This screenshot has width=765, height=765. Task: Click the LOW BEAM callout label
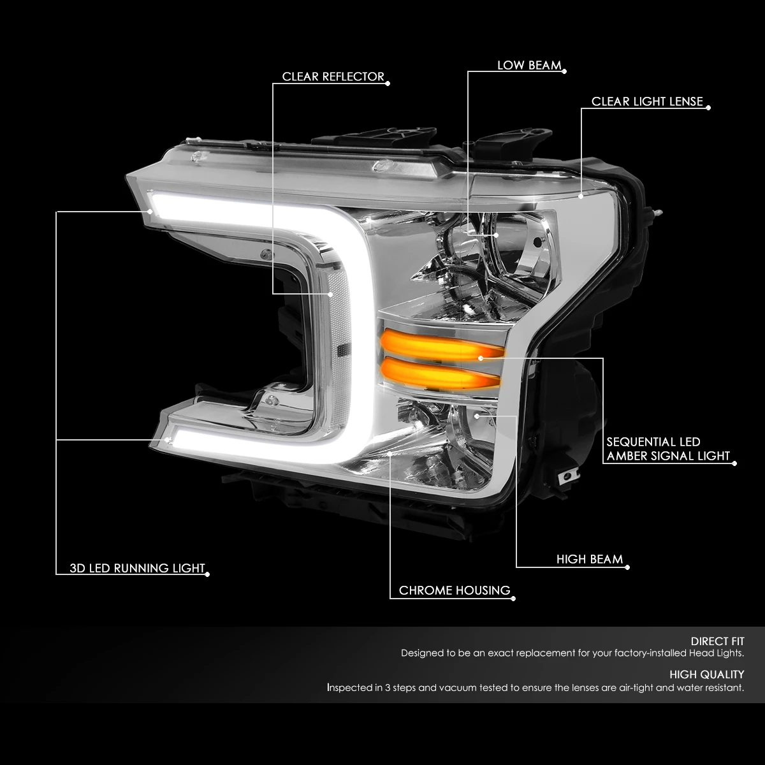coord(529,65)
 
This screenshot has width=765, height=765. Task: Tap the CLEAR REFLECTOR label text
coord(333,76)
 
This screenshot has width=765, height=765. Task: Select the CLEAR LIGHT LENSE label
coord(647,101)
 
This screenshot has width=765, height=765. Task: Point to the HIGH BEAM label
coord(590,559)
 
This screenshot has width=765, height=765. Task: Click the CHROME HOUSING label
coord(455,590)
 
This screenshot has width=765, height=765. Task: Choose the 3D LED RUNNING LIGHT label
coord(137,568)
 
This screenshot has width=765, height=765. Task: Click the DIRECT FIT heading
coord(717,641)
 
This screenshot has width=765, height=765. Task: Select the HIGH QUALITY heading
coord(706,674)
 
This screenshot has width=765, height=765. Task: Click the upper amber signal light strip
coord(441,346)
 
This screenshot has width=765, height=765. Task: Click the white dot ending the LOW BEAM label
coord(565,71)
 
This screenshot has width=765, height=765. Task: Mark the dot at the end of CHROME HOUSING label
coord(513,599)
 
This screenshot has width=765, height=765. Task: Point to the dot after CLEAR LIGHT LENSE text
coord(709,108)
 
